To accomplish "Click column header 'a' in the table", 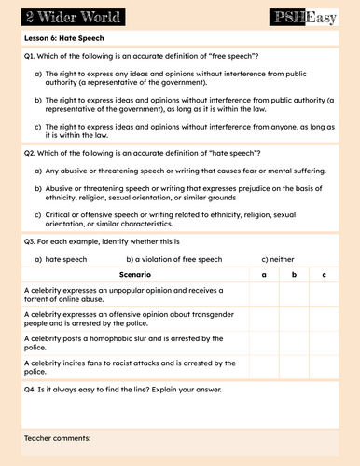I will point(264,275).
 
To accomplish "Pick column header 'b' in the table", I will point(294,275).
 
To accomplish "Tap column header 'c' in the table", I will point(323,275).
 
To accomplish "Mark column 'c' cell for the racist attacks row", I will point(323,366).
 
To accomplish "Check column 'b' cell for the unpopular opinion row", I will point(294,295).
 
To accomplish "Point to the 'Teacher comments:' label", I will point(58,437).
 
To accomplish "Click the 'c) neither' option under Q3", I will point(280,258).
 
